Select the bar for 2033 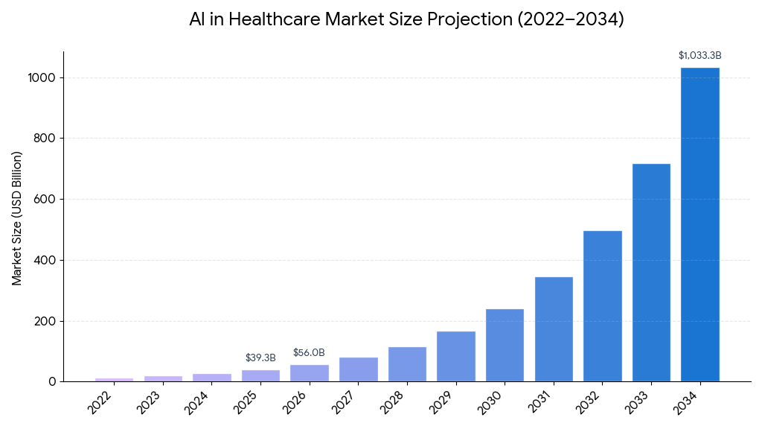(651, 273)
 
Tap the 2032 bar (603, 306)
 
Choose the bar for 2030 (505, 345)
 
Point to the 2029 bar (455, 356)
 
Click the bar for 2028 (407, 364)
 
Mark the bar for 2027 (358, 369)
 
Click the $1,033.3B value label (699, 56)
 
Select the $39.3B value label (260, 358)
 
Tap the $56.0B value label (309, 353)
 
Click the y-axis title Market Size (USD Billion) (17, 217)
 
